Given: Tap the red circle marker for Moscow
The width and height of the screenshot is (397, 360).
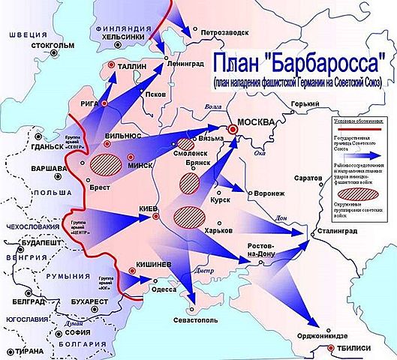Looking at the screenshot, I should click(x=233, y=129).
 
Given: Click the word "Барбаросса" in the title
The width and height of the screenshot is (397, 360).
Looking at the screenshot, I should click(x=330, y=61).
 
